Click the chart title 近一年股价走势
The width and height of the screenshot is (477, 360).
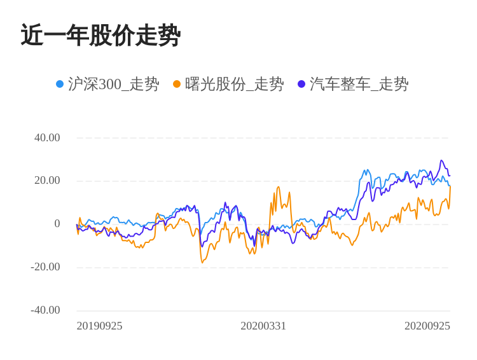[100, 36]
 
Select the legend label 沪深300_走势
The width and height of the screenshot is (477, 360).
[113, 84]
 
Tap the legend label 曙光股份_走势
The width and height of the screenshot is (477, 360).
[234, 84]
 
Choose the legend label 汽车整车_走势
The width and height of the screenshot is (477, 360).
[359, 84]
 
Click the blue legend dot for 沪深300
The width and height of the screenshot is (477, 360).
[60, 84]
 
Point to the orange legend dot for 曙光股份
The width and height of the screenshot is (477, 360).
[177, 84]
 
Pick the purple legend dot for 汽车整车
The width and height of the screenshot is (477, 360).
[301, 84]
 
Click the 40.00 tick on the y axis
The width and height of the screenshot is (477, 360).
[47, 138]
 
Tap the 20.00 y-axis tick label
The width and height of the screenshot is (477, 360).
[47, 181]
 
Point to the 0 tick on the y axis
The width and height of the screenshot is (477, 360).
[57, 224]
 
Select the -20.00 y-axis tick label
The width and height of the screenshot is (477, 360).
[45, 267]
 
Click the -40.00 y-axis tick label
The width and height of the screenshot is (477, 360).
[45, 310]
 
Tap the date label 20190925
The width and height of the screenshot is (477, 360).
[99, 326]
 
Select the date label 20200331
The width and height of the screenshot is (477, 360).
[263, 326]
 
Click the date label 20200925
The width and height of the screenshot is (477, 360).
[427, 326]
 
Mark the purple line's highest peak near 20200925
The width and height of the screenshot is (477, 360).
[441, 161]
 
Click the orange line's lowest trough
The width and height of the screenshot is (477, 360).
[202, 262]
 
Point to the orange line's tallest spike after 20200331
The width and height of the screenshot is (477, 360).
[278, 187]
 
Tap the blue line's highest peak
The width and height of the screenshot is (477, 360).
[367, 170]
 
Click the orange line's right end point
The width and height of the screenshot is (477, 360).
[450, 187]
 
